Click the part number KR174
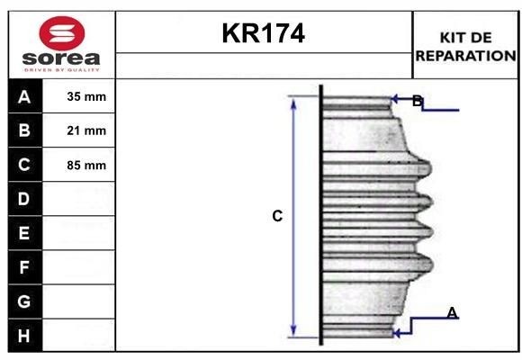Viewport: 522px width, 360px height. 263,34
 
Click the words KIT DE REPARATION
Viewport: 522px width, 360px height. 465,46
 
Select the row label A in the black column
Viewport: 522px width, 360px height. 24,97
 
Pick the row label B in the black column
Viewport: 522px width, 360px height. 24,130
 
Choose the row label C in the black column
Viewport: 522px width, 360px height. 24,165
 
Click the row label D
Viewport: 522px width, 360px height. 24,198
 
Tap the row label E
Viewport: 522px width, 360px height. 24,233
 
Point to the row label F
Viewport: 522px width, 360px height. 24,267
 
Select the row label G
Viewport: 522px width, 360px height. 24,301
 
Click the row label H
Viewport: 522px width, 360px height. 24,336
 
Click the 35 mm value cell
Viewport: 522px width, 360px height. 86,97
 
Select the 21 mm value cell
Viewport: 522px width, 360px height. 86,131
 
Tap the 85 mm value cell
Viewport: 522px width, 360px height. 86,166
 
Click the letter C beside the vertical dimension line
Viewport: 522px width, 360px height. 277,216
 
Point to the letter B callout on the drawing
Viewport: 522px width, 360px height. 417,101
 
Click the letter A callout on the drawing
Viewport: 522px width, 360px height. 452,312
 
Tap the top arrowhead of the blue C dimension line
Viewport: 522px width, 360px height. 292,101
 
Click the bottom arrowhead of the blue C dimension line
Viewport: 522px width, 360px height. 292,330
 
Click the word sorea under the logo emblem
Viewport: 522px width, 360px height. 62,59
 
